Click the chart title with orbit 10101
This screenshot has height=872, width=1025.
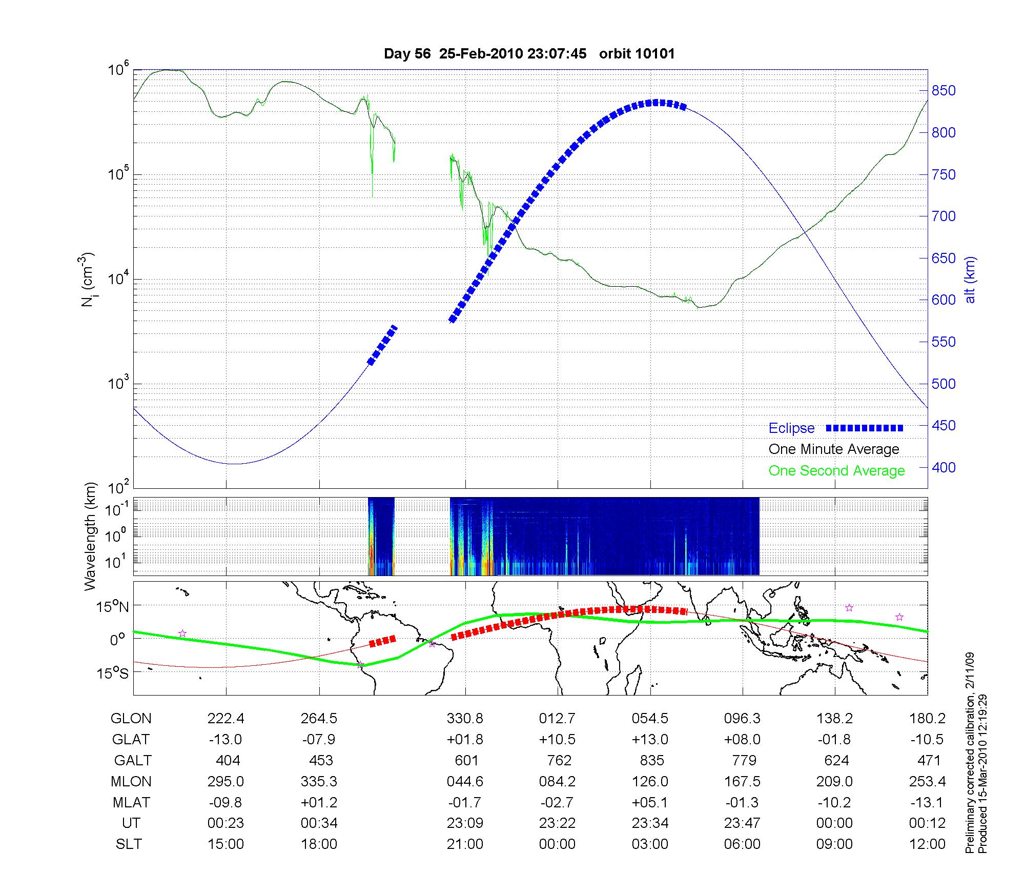point(529,54)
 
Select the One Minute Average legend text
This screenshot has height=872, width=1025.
point(834,449)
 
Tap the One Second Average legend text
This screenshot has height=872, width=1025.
point(836,471)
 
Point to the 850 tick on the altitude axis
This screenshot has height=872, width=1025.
point(944,91)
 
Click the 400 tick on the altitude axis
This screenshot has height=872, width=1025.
point(944,467)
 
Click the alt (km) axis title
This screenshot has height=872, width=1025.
point(970,280)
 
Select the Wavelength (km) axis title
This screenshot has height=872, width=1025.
point(90,536)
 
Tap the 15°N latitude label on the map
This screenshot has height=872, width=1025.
point(113,607)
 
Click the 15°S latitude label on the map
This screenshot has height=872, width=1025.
point(113,673)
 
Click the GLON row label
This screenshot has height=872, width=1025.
point(131,719)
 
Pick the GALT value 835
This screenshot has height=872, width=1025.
point(651,760)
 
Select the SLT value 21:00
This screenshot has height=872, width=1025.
point(465,844)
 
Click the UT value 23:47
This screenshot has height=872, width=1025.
point(742,823)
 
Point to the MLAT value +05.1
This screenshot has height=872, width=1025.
point(650,802)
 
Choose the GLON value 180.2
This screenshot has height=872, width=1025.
point(928,719)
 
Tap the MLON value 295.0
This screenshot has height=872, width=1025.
point(225,781)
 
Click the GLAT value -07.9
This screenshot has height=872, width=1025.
point(319,740)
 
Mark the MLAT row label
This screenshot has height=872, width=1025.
point(131,802)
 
